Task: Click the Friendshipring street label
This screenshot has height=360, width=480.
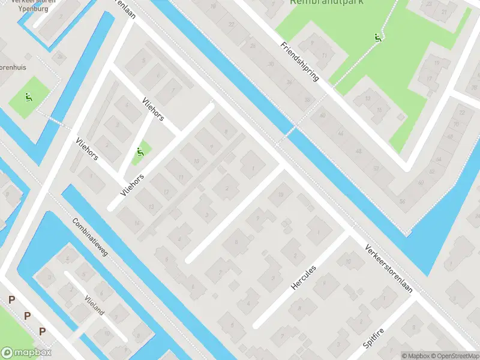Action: [x=299, y=63]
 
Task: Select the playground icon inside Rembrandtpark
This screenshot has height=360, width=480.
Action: [x=377, y=38]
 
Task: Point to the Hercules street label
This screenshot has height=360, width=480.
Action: [x=303, y=277]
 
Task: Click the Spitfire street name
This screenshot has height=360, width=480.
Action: [x=373, y=338]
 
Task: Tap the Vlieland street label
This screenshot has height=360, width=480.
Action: [x=94, y=305]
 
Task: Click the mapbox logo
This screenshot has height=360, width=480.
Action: [x=26, y=353]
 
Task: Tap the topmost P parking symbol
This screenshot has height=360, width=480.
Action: [x=11, y=300]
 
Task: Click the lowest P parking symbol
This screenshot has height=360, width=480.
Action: [x=42, y=331]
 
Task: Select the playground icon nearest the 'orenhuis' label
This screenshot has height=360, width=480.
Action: [x=28, y=97]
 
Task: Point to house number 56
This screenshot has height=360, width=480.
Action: [x=401, y=201]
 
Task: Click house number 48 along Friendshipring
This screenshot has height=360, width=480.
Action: [x=359, y=151]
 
